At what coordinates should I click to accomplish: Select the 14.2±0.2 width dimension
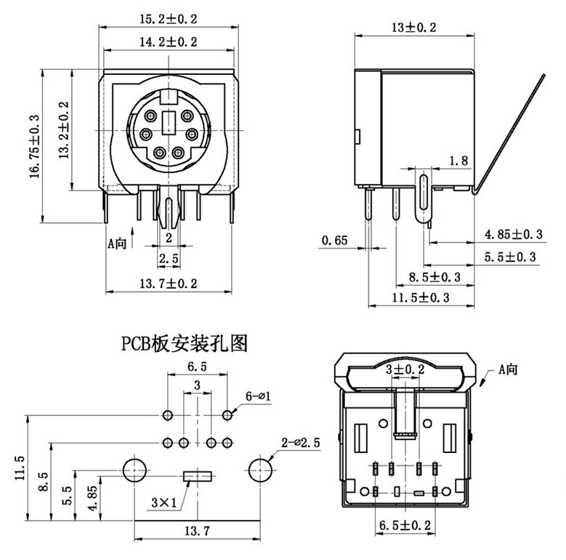point(168,42)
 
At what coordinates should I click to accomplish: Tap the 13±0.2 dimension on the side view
point(413,28)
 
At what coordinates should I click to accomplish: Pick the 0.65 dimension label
point(334,240)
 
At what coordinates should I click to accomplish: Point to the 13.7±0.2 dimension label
point(168,283)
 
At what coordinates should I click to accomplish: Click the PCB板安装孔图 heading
point(184,343)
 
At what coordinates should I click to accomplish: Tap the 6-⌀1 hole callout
point(258,396)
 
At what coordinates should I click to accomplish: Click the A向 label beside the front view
point(117,243)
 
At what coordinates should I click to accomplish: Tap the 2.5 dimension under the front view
point(169,259)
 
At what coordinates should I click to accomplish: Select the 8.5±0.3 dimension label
point(435,277)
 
